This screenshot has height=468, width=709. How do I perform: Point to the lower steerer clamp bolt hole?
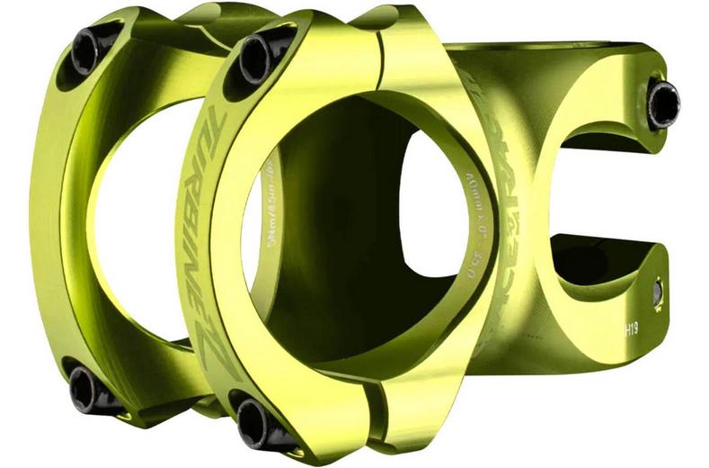tap(659, 291)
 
